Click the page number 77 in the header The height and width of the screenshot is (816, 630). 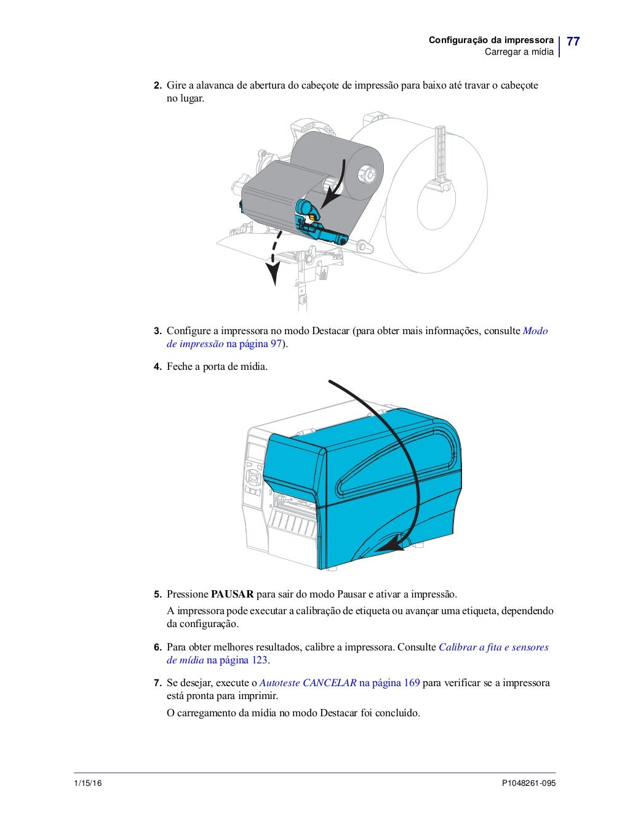(573, 42)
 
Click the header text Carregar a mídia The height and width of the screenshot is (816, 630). (519, 52)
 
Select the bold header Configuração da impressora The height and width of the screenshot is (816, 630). (491, 40)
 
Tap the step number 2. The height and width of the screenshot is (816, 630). (157, 86)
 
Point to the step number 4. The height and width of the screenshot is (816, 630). (157, 367)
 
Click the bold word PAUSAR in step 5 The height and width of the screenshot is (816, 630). (232, 594)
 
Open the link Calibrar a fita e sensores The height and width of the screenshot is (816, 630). (493, 647)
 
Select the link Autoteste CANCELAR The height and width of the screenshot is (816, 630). (308, 683)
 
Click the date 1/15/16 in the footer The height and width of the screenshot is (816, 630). (88, 783)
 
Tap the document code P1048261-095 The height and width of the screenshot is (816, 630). (528, 783)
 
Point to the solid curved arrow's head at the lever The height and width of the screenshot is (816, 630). (330, 198)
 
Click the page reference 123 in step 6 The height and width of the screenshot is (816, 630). (260, 660)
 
